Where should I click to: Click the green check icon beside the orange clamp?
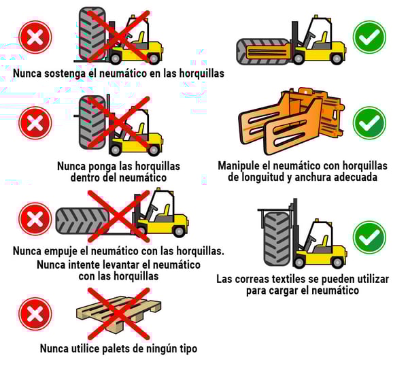[369, 123]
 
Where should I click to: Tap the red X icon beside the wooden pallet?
[35, 314]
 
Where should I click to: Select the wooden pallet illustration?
[118, 314]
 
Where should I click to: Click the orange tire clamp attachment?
[292, 121]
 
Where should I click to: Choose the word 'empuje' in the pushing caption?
[61, 252]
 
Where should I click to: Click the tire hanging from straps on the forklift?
[277, 239]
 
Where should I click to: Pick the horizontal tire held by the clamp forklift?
[263, 52]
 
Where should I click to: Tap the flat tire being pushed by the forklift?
[82, 221]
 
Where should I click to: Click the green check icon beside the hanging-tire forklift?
[369, 237]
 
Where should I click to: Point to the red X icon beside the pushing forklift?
[35, 219]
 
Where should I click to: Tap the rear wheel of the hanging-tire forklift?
[337, 263]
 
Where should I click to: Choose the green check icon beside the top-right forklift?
[369, 37]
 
